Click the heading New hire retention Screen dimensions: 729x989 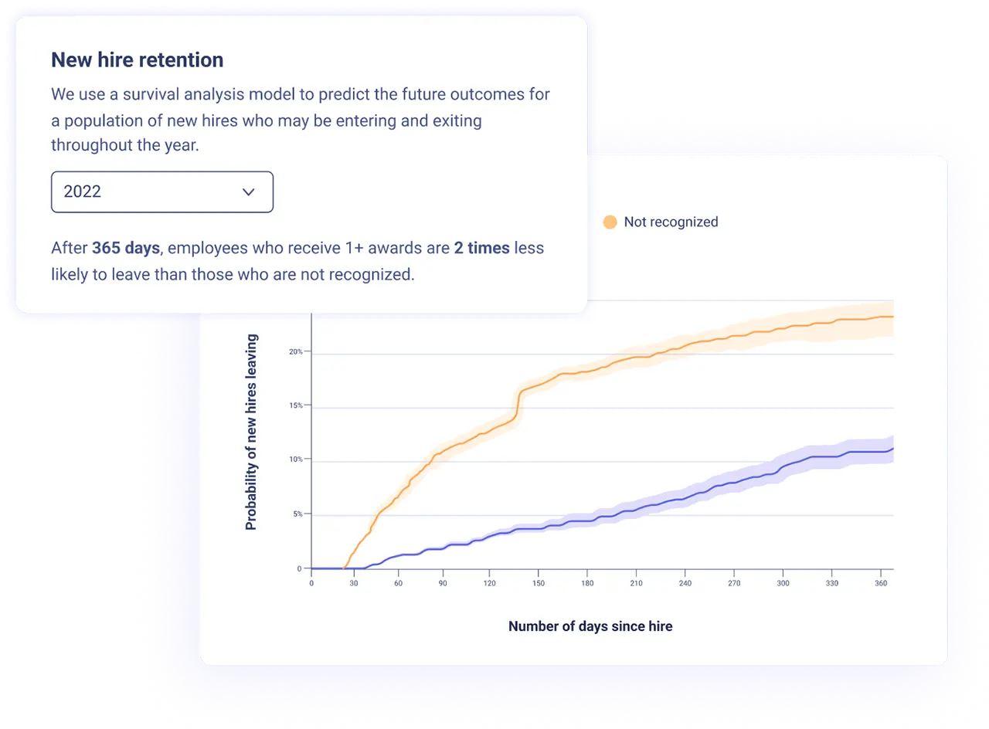[137, 59]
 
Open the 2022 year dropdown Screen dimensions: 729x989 [161, 192]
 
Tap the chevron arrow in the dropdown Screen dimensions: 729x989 [248, 192]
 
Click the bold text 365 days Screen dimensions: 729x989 [125, 248]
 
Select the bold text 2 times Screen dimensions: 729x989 [481, 248]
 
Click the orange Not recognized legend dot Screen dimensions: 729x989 [610, 222]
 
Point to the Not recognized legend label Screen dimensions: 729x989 [671, 222]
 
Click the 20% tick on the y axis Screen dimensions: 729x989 [296, 351]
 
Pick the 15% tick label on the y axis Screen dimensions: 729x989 [296, 405]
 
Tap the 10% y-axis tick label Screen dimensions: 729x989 [296, 459]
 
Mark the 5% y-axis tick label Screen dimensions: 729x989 [297, 514]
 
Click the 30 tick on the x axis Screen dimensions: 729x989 [355, 583]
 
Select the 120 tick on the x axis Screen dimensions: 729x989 [488, 583]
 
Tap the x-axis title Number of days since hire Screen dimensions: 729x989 [590, 626]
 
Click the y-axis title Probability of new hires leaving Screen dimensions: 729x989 [251, 432]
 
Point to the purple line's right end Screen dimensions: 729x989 [892, 449]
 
